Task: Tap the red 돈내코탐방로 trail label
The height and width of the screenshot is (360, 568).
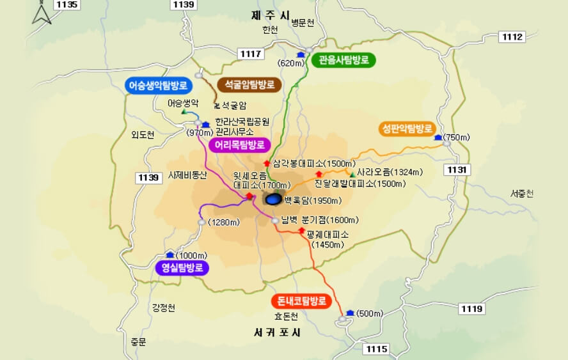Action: point(301,301)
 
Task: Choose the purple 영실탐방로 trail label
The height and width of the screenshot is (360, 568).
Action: point(182,267)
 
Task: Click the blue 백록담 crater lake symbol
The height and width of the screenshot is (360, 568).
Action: point(272,200)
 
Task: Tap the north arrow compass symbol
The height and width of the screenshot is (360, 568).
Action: point(42,13)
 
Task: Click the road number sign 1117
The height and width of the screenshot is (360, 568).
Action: point(250,54)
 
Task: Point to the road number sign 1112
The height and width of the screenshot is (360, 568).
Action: point(512,36)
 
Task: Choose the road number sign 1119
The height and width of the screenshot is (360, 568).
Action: point(471,309)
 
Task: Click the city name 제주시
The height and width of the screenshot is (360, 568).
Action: point(271,15)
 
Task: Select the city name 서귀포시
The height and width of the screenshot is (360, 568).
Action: point(277,333)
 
